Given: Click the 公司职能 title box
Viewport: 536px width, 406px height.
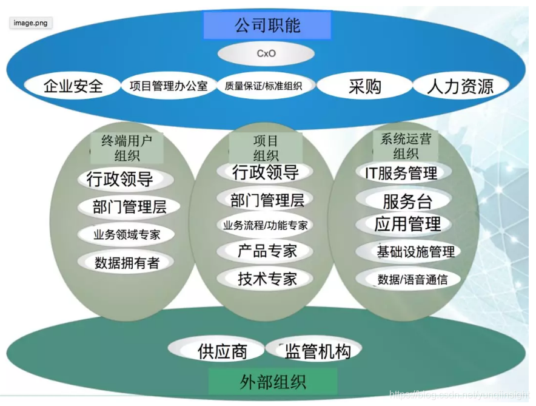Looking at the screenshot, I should pyautogui.click(x=267, y=25).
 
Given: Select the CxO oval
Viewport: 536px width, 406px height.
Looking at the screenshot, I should pyautogui.click(x=266, y=53).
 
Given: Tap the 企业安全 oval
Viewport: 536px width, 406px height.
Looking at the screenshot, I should pyautogui.click(x=73, y=86).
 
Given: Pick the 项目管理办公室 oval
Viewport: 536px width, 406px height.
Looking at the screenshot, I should pyautogui.click(x=168, y=86).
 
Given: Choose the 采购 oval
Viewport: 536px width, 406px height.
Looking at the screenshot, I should pyautogui.click(x=364, y=86).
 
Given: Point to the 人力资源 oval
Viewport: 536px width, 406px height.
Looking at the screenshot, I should pyautogui.click(x=460, y=86).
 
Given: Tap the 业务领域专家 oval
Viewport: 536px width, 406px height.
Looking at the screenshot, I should pyautogui.click(x=127, y=234).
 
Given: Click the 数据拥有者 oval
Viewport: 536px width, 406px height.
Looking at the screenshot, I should pyautogui.click(x=127, y=263).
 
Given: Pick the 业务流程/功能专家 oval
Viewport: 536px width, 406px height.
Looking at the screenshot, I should pyautogui.click(x=266, y=225).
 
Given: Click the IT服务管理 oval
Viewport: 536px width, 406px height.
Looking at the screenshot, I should pyautogui.click(x=401, y=174).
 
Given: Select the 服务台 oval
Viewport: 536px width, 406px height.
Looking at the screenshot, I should pyautogui.click(x=407, y=200).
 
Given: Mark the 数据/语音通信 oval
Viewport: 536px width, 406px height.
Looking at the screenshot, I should pyautogui.click(x=412, y=279).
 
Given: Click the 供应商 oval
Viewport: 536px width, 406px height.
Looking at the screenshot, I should pyautogui.click(x=222, y=351).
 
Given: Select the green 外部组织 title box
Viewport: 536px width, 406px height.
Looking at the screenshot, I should pyautogui.click(x=272, y=382).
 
